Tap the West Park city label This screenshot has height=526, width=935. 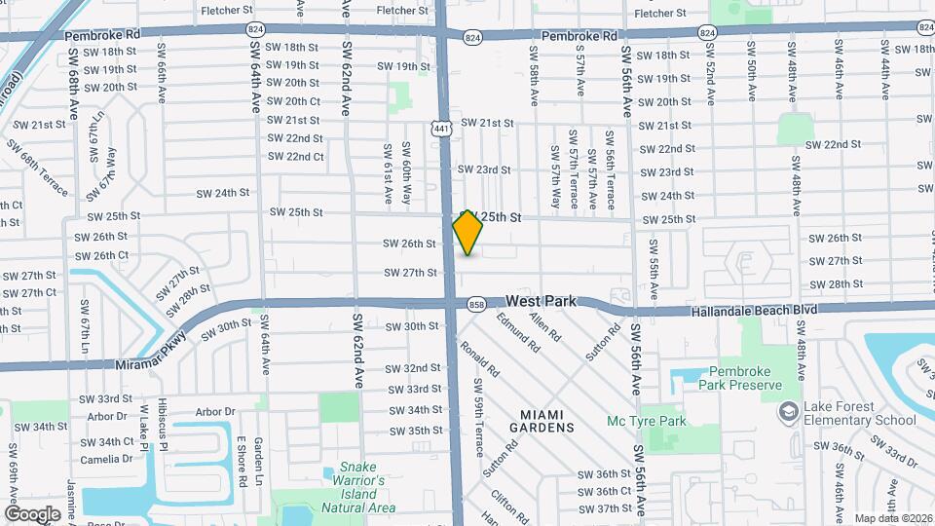(542, 302)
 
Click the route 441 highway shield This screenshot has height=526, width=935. (441, 128)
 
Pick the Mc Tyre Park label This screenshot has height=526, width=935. (647, 422)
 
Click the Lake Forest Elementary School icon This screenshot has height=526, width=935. (785, 413)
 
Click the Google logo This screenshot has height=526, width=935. (31, 513)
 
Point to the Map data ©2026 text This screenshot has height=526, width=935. (892, 518)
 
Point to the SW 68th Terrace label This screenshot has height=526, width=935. (37, 167)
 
